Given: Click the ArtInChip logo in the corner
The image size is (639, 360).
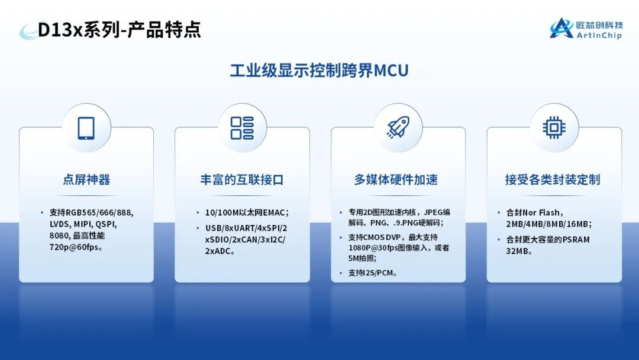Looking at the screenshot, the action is pos(586,28).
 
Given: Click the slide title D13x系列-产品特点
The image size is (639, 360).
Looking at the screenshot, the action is pos(120,30).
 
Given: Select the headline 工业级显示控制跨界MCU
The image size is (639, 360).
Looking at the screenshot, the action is pos(319,70).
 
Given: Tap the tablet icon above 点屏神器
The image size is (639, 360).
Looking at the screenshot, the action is pos(86,128).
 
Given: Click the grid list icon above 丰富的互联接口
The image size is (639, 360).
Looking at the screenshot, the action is pos(242,128).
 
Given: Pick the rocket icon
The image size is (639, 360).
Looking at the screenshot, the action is pos(398,128).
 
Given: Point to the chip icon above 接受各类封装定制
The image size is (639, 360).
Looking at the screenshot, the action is pos(554,128).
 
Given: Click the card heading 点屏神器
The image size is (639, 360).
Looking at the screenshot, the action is pos(86,179).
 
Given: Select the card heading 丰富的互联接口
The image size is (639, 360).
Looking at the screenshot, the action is pos(242,179).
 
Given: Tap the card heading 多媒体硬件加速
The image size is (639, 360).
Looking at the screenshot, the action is pos(396,179).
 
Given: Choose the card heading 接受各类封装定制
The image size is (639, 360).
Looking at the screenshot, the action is pos(553,179).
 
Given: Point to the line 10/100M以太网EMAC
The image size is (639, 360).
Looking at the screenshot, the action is pos(247,213).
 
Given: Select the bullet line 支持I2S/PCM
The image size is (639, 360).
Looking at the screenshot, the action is pos(373,273).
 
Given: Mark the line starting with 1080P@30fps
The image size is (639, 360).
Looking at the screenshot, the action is pos(399,247).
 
